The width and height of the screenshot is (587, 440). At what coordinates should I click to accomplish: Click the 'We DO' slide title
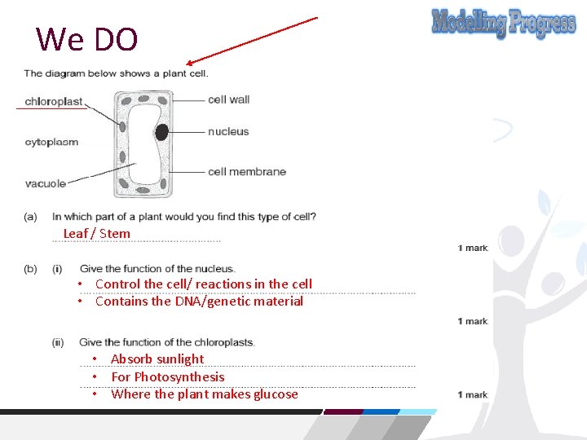pos(87,38)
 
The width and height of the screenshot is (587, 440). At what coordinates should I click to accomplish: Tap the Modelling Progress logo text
pos(503,24)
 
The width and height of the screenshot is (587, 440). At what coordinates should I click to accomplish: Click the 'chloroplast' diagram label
pos(54,102)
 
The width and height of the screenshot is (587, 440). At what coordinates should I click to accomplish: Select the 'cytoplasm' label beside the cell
pos(51,142)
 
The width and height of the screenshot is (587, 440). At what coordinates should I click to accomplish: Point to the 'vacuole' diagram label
pos(46,183)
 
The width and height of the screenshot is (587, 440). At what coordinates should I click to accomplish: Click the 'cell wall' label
pos(228,99)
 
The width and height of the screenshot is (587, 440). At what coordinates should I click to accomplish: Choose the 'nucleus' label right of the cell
pos(228,131)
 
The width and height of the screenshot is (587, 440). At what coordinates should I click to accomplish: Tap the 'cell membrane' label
pos(246,171)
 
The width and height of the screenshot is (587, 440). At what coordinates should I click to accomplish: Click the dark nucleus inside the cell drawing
pos(162,132)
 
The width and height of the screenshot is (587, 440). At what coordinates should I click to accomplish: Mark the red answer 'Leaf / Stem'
pos(96,234)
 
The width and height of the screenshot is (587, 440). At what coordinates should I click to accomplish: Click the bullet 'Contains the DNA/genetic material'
pos(199,301)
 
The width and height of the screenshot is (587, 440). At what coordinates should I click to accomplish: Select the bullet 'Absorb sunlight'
pos(157,359)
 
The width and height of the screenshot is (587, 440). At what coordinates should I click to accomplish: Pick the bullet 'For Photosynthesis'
pos(167,377)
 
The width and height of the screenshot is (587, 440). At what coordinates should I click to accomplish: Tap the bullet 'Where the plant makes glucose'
pos(205,394)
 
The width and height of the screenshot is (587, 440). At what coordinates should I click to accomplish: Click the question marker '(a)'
pos(30,217)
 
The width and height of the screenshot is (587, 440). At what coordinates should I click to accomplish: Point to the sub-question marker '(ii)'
pos(57,342)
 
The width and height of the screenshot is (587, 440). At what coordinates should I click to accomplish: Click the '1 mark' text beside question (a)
pos(472,248)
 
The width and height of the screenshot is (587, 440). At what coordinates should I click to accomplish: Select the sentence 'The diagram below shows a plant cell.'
pos(116,73)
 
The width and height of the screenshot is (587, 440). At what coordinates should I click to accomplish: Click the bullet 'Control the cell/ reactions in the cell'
pos(204,284)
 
